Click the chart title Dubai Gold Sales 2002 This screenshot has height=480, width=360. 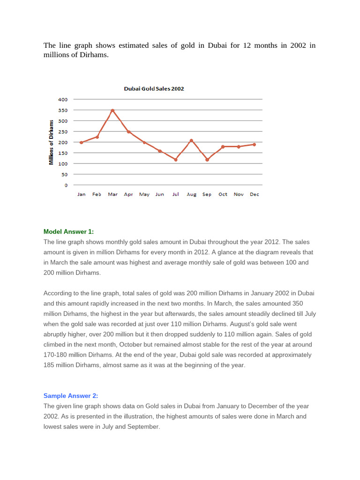pyautogui.click(x=154, y=89)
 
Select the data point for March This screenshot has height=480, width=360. pyautogui.click(x=112, y=111)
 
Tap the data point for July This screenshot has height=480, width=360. pyautogui.click(x=176, y=160)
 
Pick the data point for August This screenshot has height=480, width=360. pyautogui.click(x=191, y=140)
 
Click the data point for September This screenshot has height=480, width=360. pyautogui.click(x=207, y=160)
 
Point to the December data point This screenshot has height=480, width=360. pyautogui.click(x=255, y=144)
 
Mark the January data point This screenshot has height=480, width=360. pyautogui.click(x=82, y=142)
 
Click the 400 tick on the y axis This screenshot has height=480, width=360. pyautogui.click(x=63, y=99)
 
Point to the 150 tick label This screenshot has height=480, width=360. pyautogui.click(x=63, y=153)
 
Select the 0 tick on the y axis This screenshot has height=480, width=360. pyautogui.click(x=66, y=185)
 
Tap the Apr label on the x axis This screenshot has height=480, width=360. pyautogui.click(x=128, y=195)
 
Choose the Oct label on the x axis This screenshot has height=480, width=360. pyautogui.click(x=223, y=195)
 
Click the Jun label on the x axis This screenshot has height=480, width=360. pyautogui.click(x=160, y=195)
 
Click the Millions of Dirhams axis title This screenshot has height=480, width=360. pyautogui.click(x=51, y=142)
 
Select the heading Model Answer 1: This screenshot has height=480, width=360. pyautogui.click(x=68, y=232)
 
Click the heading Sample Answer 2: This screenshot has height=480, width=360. pyautogui.click(x=71, y=396)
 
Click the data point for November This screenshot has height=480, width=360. pyautogui.click(x=239, y=147)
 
